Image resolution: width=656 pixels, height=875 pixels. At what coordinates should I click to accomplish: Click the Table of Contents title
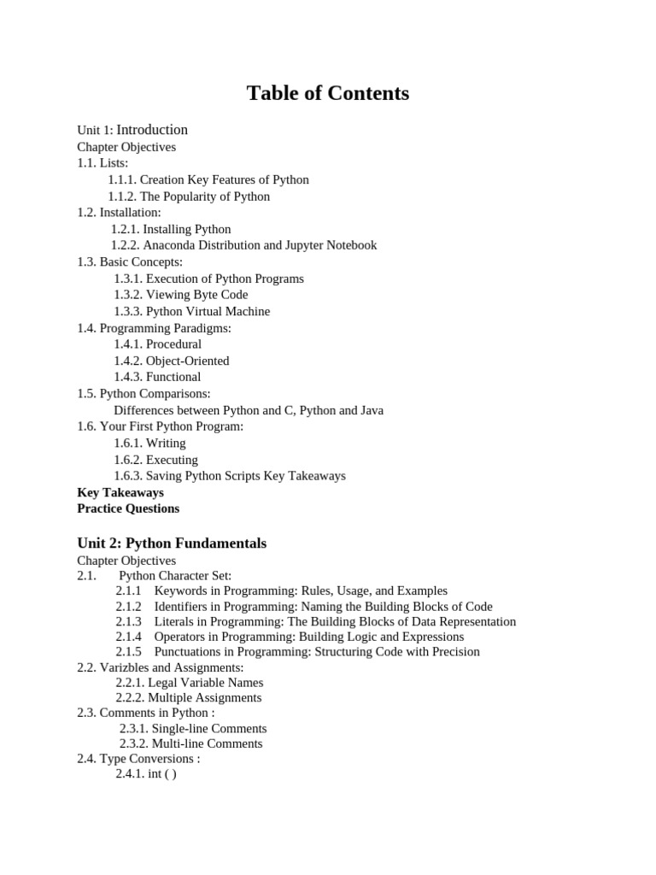point(328,93)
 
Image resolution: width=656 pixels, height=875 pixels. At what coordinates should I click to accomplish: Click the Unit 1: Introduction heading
point(132,130)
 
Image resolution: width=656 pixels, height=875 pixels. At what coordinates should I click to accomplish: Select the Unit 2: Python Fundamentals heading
point(172,543)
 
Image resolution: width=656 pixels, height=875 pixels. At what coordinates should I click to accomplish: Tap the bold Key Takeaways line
point(120,492)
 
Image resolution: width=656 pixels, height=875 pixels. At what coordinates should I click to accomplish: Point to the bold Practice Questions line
point(128,508)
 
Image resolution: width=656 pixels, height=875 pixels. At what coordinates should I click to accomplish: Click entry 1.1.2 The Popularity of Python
point(189,197)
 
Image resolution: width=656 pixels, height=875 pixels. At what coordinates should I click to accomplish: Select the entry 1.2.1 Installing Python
point(171,229)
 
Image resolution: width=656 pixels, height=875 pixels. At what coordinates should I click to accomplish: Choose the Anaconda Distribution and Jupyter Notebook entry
point(243,245)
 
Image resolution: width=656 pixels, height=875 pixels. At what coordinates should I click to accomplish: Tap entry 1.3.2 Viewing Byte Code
point(181,295)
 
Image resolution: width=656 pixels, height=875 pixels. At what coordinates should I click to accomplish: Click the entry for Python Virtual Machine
point(192,311)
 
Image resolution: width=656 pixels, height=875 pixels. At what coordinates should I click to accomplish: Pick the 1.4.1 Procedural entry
point(158,344)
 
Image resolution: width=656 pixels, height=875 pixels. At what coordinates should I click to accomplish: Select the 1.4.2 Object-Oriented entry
point(172,361)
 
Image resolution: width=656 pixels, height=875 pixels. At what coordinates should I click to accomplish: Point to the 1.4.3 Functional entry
point(157,377)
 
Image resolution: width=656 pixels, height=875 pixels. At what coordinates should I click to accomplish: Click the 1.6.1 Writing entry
point(149,443)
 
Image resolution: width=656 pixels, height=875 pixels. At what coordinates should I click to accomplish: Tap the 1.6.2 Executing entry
point(155,460)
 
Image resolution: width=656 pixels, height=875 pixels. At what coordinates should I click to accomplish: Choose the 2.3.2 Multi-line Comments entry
point(191,743)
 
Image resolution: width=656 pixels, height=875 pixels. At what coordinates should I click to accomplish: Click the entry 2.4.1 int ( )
point(146,774)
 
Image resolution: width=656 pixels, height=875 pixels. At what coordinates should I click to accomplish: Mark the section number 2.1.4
point(129,637)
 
